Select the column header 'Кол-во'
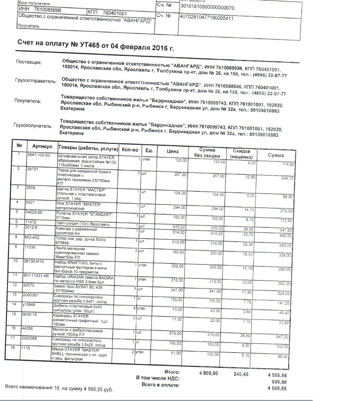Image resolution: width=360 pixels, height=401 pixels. point(130,149)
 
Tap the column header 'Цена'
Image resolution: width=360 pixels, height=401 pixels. point(172,151)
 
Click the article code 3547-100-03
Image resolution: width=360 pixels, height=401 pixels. point(39,155)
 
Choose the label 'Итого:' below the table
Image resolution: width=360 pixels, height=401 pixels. point(172,372)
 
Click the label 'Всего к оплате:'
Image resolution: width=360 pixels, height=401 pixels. point(160,385)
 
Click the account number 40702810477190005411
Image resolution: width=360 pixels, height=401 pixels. point(207,17)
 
